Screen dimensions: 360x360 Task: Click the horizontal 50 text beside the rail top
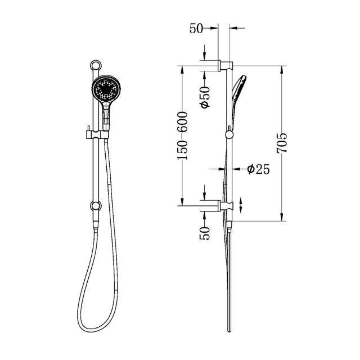[196, 28]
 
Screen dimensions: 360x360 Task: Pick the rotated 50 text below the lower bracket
[205, 231]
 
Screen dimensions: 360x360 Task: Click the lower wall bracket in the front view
[95, 206]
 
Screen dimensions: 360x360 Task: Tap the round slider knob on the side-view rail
[228, 134]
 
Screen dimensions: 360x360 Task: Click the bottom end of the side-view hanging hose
[229, 330]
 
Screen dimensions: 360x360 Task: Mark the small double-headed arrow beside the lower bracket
[242, 205]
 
